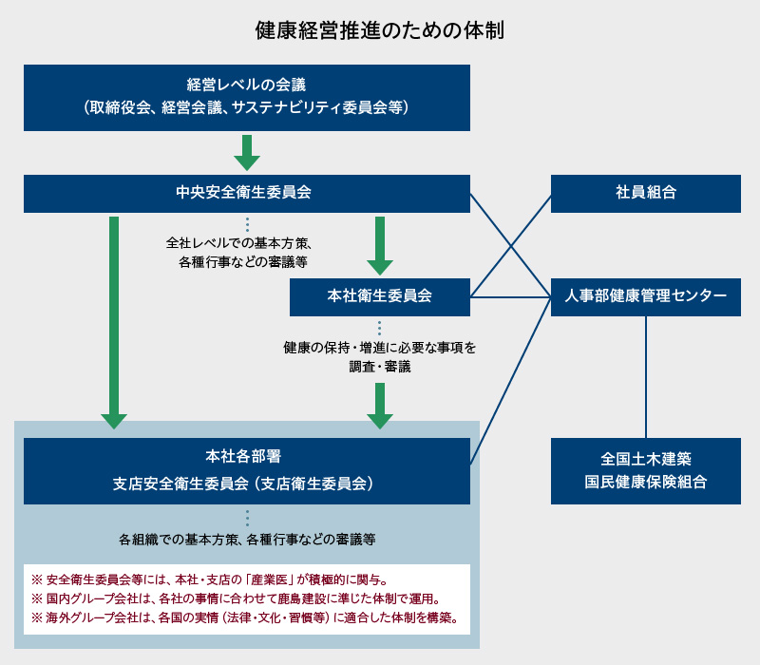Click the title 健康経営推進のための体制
click(x=379, y=29)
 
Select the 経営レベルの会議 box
click(x=247, y=97)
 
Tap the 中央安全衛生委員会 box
click(x=247, y=193)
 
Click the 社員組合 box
click(x=645, y=193)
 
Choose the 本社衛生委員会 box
click(x=379, y=296)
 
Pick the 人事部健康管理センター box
click(x=645, y=296)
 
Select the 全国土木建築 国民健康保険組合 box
click(x=645, y=470)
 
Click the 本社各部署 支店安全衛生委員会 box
click(x=247, y=470)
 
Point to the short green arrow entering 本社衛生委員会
click(x=380, y=245)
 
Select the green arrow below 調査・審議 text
click(x=380, y=406)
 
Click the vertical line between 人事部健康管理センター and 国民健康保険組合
click(x=646, y=376)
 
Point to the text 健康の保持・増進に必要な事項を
click(x=380, y=348)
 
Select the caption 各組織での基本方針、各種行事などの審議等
click(x=247, y=540)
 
